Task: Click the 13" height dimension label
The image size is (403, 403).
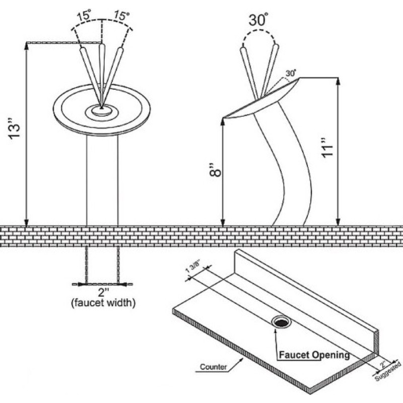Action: coord(14,129)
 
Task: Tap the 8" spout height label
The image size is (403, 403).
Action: coord(216,170)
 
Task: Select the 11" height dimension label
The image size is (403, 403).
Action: coord(327,148)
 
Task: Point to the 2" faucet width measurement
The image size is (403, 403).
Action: coord(104,292)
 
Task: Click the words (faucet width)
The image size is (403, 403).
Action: coord(103,303)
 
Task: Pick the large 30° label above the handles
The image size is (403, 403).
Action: coord(258,20)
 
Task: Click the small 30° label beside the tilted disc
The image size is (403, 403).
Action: coord(291,73)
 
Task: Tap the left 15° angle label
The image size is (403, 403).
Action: coord(84,16)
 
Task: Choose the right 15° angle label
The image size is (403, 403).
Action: coord(121,16)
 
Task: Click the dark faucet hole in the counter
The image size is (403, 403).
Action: coord(282,322)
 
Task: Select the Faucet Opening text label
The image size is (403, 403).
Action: coord(314,355)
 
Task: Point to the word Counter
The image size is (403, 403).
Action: coord(213,367)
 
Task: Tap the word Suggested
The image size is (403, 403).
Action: coord(388,371)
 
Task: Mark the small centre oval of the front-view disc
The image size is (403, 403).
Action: coord(102,110)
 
